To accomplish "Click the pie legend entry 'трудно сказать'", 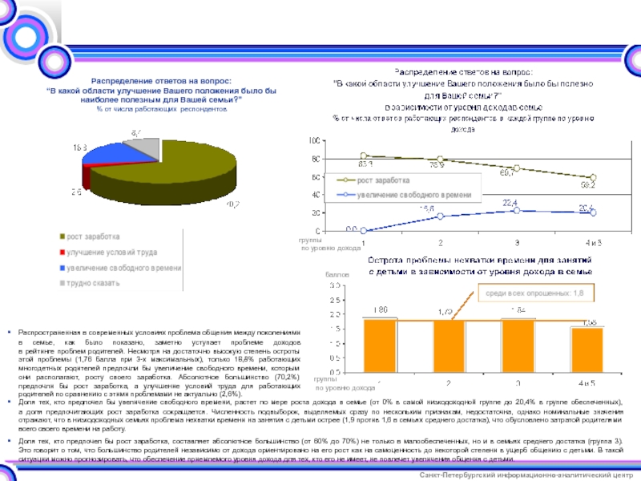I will [89, 282].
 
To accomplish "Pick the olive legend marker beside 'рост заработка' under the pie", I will [61, 236].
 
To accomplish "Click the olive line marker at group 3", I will [517, 168].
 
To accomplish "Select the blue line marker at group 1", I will [363, 230].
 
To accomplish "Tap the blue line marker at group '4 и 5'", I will [593, 212].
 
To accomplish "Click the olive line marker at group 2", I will [440, 160].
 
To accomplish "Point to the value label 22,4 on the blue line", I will [510, 202].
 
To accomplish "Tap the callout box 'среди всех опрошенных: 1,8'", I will [534, 294].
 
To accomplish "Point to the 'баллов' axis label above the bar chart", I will [337, 274].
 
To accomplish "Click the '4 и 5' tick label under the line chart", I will [594, 242].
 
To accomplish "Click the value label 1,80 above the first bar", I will [381, 309].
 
